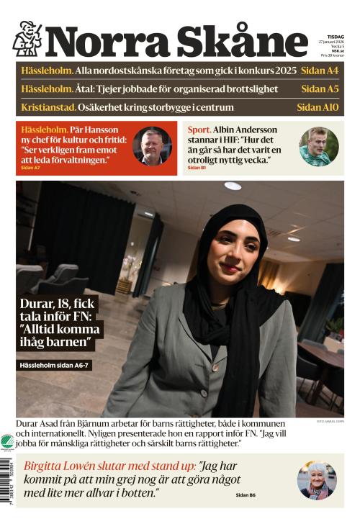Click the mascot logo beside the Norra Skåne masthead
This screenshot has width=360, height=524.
(x=27, y=39)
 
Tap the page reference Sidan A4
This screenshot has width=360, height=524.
(x=321, y=71)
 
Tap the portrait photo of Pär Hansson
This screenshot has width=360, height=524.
(x=152, y=147)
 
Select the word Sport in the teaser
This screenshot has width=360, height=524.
(x=199, y=130)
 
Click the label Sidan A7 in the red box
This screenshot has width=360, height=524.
(x=30, y=168)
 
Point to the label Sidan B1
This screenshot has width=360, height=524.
(x=195, y=168)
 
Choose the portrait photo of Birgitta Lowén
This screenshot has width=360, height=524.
(x=317, y=480)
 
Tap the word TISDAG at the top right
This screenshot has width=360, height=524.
(x=335, y=34)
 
